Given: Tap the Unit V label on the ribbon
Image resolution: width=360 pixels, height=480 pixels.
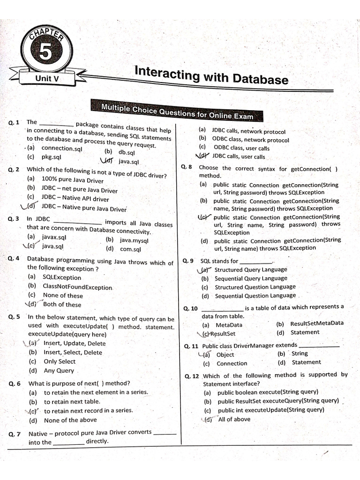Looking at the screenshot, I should click(47, 79).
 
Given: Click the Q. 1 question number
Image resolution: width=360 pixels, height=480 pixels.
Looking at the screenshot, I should click(14, 123).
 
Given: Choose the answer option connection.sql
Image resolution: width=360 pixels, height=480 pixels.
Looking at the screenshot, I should click(61, 148).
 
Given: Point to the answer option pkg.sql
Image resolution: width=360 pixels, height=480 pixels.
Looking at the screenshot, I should click(51, 157).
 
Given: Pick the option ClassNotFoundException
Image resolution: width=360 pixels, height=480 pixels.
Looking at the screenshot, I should click(77, 286).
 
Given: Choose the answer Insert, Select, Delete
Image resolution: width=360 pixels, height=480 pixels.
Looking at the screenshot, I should click(73, 352).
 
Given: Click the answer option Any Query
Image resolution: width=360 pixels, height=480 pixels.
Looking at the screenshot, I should click(59, 370).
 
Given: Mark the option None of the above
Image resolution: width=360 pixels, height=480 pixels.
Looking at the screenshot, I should click(70, 420).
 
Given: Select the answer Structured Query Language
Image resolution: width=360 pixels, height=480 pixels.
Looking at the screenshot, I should click(251, 270).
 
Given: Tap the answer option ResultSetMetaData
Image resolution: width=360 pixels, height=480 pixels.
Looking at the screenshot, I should click(317, 323).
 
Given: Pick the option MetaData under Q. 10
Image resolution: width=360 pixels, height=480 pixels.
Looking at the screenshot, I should click(229, 325).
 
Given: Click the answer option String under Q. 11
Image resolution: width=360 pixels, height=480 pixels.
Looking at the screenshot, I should click(300, 354).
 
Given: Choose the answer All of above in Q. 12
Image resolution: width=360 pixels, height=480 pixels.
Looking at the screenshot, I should click(234, 419).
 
